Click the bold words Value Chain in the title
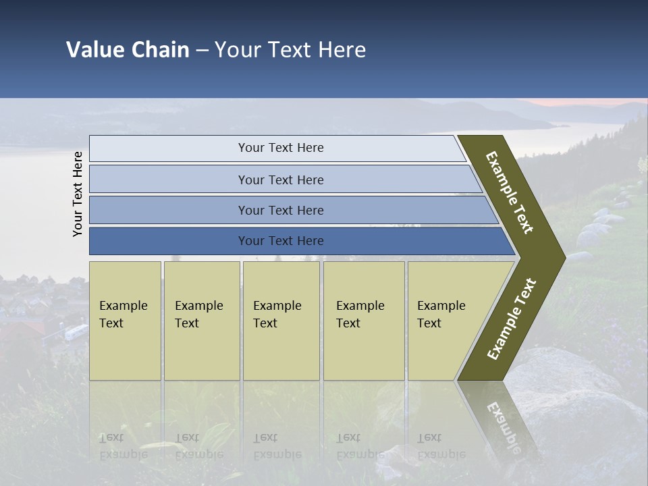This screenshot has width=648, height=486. tap(128, 50)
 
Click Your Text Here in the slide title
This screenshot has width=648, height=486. tap(290, 50)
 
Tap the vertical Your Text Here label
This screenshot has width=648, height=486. tap(78, 194)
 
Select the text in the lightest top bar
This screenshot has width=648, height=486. tap(281, 148)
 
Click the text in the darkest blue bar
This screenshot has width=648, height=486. tap(281, 241)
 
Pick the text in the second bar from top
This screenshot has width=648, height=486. tap(281, 180)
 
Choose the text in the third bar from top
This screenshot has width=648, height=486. tap(281, 211)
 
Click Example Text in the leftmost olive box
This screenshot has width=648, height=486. tap(123, 315)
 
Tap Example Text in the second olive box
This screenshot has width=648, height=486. tap(198, 315)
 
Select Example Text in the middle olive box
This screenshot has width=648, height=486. tap(277, 315)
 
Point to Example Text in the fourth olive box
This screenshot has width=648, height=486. tap(360, 315)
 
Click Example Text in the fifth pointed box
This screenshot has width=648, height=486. tap(441, 315)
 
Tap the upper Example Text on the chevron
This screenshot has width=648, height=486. tap(510, 192)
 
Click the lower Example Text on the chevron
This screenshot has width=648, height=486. tap(512, 319)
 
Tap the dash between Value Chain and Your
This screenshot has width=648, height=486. tap(202, 50)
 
